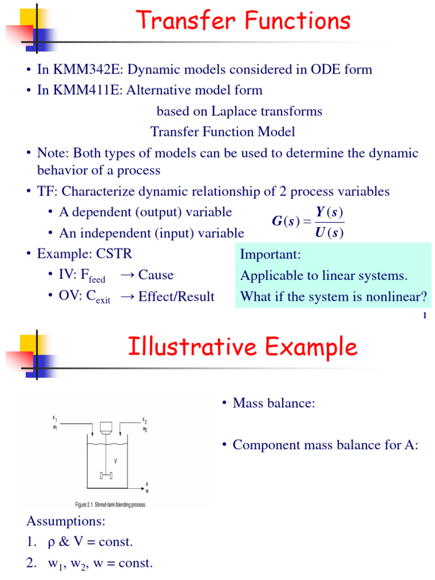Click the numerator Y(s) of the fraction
click(x=330, y=212)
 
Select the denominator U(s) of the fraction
click(x=330, y=232)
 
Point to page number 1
click(x=424, y=315)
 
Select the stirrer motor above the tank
click(x=106, y=428)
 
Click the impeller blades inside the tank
click(x=106, y=475)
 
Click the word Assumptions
click(x=66, y=521)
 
